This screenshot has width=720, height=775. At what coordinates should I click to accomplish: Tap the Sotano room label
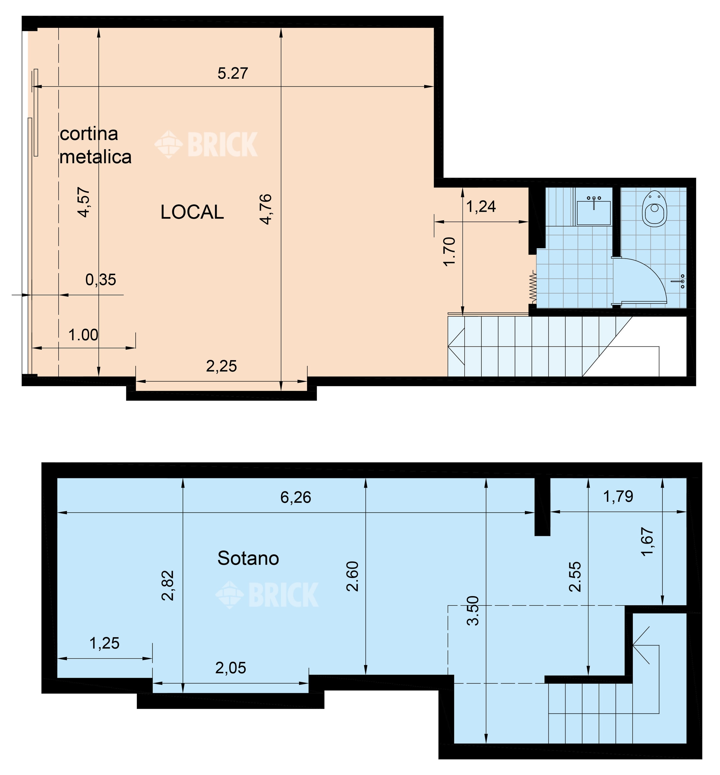[x=248, y=558]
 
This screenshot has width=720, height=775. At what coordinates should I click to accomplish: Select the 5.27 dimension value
[x=233, y=73]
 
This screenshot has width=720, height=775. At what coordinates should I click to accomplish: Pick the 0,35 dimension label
[x=101, y=280]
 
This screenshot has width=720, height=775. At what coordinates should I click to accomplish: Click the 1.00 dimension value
[x=83, y=335]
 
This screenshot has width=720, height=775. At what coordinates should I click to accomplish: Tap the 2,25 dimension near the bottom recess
[x=221, y=366]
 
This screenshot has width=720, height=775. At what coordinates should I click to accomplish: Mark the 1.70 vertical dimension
[x=450, y=251]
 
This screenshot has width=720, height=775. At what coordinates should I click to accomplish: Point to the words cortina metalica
[x=96, y=145]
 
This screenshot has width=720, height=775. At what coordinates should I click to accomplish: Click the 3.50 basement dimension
[x=473, y=611]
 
